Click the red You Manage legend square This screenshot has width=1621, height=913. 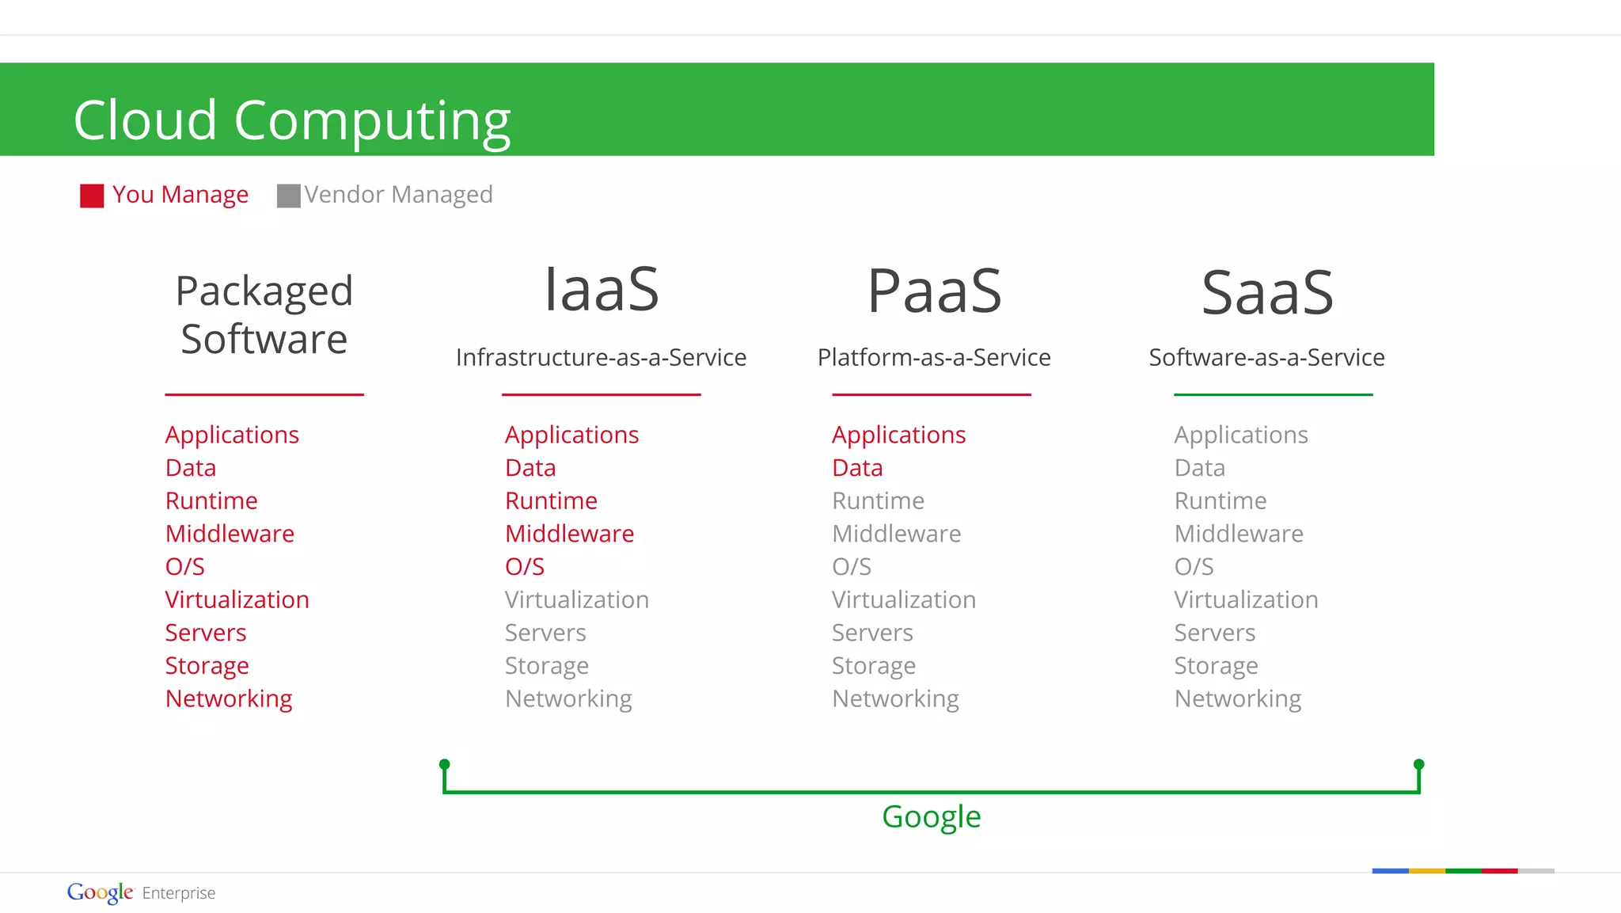92,196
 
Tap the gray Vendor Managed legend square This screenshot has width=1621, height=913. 288,196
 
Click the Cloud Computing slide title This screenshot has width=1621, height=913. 292,120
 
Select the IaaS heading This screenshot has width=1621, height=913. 601,290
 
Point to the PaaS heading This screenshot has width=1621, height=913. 934,291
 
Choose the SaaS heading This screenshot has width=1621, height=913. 1267,293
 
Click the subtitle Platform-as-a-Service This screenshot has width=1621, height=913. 934,357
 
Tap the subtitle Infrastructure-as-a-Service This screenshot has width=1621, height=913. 601,357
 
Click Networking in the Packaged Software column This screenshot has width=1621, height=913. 229,698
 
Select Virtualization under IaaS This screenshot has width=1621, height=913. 577,599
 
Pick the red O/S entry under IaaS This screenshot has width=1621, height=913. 525,567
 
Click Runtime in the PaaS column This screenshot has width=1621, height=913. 878,500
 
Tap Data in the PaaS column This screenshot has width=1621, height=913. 857,468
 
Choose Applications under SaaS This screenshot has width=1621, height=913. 1240,435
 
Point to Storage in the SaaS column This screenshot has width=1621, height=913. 1216,666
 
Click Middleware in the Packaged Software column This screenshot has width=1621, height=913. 230,534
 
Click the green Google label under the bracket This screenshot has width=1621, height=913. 931,816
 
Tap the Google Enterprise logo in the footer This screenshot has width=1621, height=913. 141,892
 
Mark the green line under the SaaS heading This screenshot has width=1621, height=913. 1273,394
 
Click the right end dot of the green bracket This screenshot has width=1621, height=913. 1418,764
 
